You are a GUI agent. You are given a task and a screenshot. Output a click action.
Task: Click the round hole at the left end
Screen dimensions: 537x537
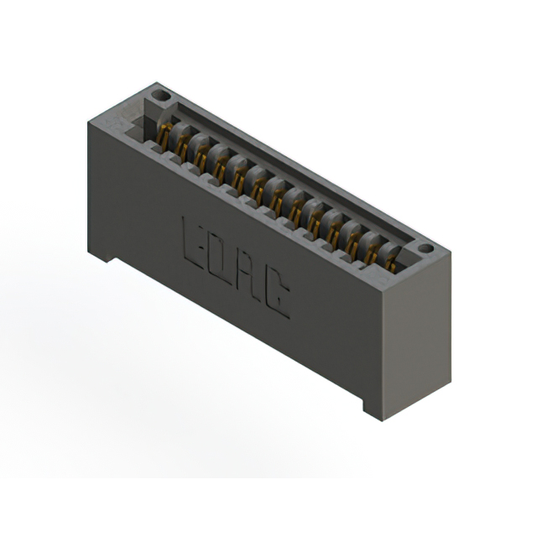161,96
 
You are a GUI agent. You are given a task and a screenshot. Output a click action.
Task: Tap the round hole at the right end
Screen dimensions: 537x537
425,248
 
